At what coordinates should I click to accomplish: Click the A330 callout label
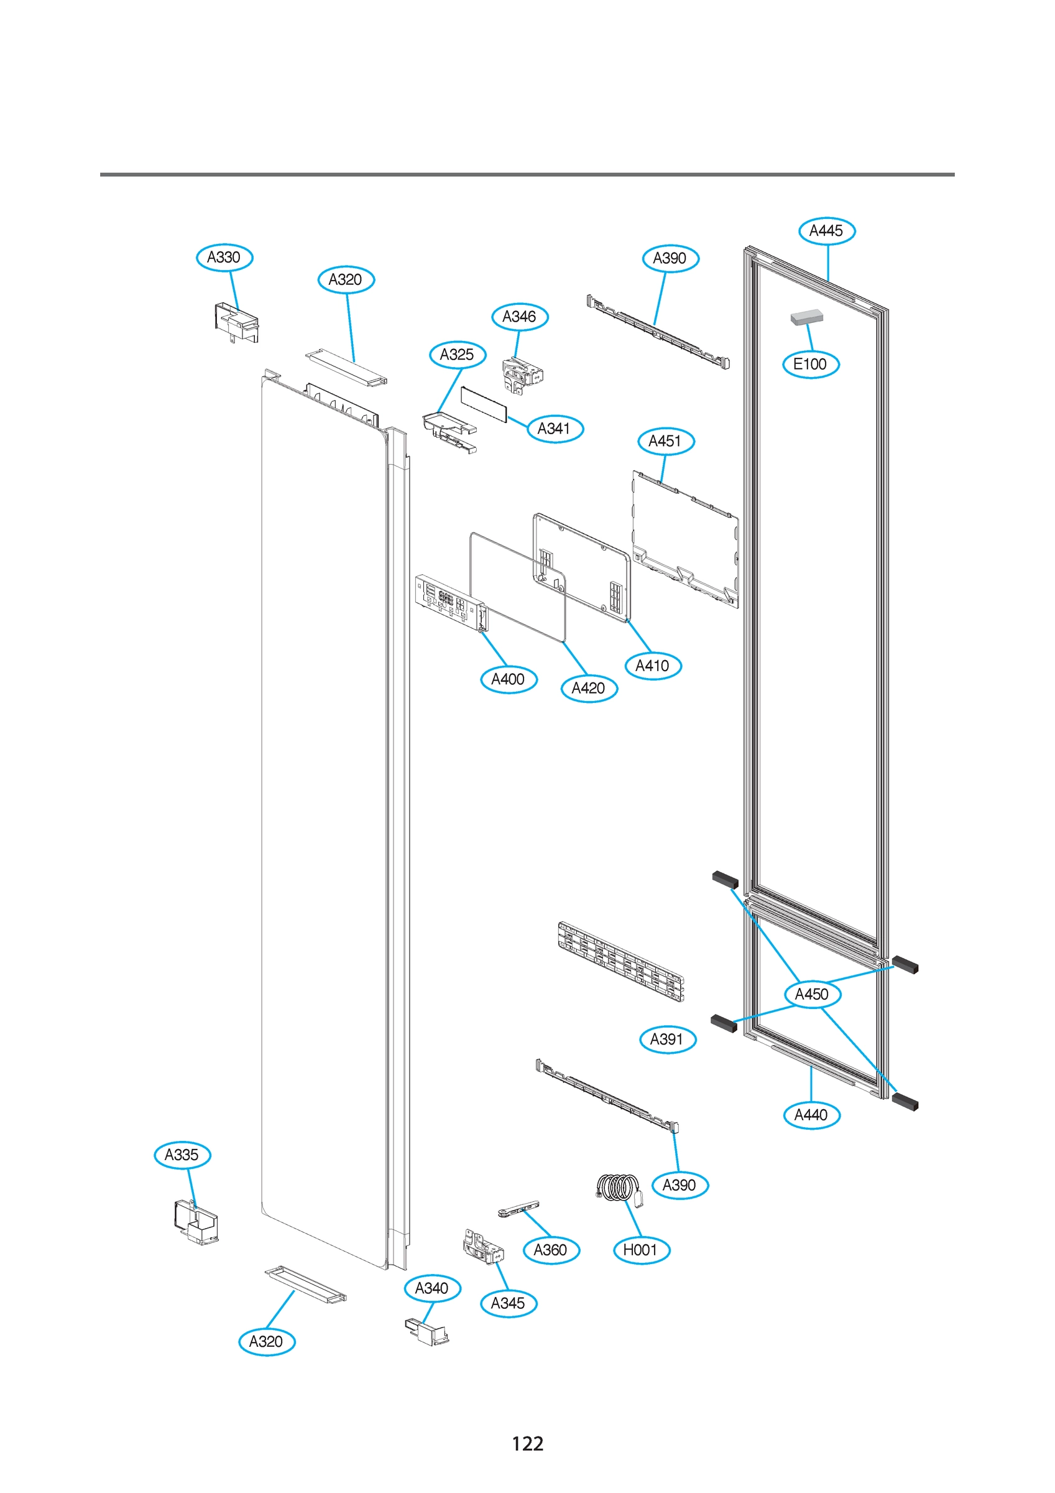point(224,258)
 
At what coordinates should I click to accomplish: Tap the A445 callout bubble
point(826,231)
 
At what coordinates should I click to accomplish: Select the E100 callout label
point(811,364)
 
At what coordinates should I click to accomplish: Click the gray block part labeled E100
point(807,317)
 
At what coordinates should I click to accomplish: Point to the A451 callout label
point(666,442)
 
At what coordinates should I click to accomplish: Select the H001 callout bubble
point(641,1250)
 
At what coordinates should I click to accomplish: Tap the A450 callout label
point(812,994)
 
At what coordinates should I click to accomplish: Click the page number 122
point(527,1444)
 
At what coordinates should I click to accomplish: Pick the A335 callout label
point(182,1155)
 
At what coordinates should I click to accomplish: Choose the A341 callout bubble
point(555,429)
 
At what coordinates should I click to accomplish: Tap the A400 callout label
point(509,679)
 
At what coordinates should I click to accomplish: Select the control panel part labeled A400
point(451,602)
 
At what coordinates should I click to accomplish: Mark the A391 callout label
point(668,1039)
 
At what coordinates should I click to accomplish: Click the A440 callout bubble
point(812,1115)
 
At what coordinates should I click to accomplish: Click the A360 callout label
point(551,1250)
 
